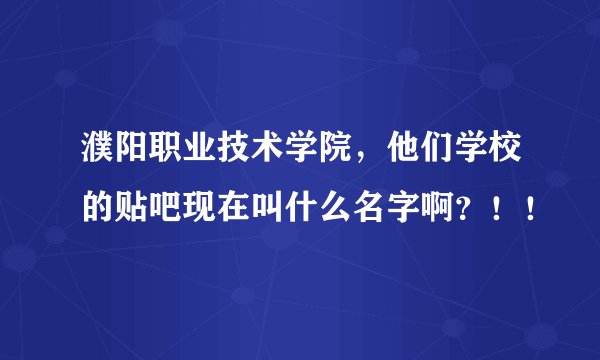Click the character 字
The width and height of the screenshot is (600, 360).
pos(426,206)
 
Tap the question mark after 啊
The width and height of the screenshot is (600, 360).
pos(490,206)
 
